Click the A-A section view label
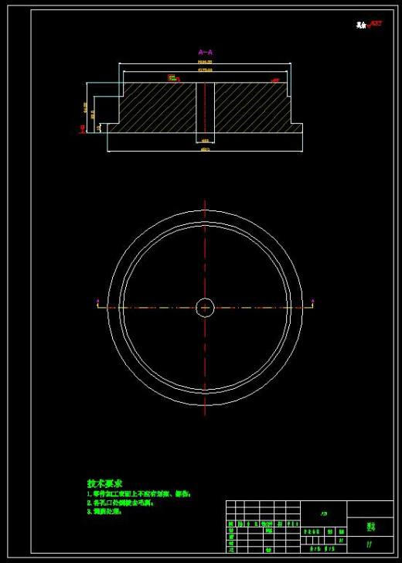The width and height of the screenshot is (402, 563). pos(205,53)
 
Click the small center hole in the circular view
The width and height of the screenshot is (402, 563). pos(205,307)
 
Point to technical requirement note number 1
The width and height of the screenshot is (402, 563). pos(138,493)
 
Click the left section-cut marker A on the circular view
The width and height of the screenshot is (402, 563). pos(97,302)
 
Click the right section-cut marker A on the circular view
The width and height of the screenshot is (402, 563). pos(312,302)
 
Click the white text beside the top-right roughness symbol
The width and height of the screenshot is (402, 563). pos(362,25)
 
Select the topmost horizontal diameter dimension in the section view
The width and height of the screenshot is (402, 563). pos(205,62)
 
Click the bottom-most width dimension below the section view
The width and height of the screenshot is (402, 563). pos(205,150)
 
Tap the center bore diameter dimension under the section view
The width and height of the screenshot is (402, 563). pos(205,141)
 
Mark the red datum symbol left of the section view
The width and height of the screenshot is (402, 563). pos(82,128)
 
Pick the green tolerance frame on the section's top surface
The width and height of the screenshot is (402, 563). pos(172,77)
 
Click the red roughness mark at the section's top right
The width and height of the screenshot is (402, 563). pos(274,79)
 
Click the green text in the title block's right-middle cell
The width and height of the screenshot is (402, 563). pos(370,527)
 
